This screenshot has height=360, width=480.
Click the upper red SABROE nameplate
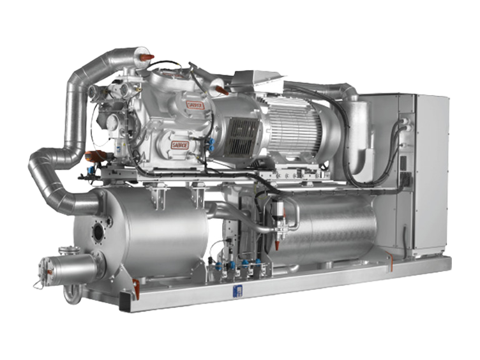point(195,103)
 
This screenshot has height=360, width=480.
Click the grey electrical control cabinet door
point(431,172)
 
